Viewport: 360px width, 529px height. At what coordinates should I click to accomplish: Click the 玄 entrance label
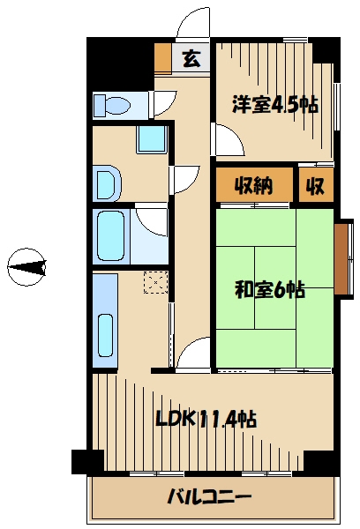pyautogui.click(x=191, y=59)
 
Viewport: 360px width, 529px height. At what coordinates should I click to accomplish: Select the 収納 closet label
pyautogui.click(x=251, y=186)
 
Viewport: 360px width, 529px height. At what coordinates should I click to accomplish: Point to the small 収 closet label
pyautogui.click(x=314, y=186)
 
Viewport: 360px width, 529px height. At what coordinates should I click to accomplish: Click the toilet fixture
pyautogui.click(x=112, y=105)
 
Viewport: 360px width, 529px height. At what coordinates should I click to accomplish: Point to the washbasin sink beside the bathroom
pyautogui.click(x=106, y=184)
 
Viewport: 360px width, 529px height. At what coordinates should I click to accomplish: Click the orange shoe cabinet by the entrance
pyautogui.click(x=162, y=58)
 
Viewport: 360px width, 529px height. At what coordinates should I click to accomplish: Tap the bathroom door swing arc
pyautogui.click(x=152, y=220)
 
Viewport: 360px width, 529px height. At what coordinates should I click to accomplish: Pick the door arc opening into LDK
pyautogui.click(x=192, y=354)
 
